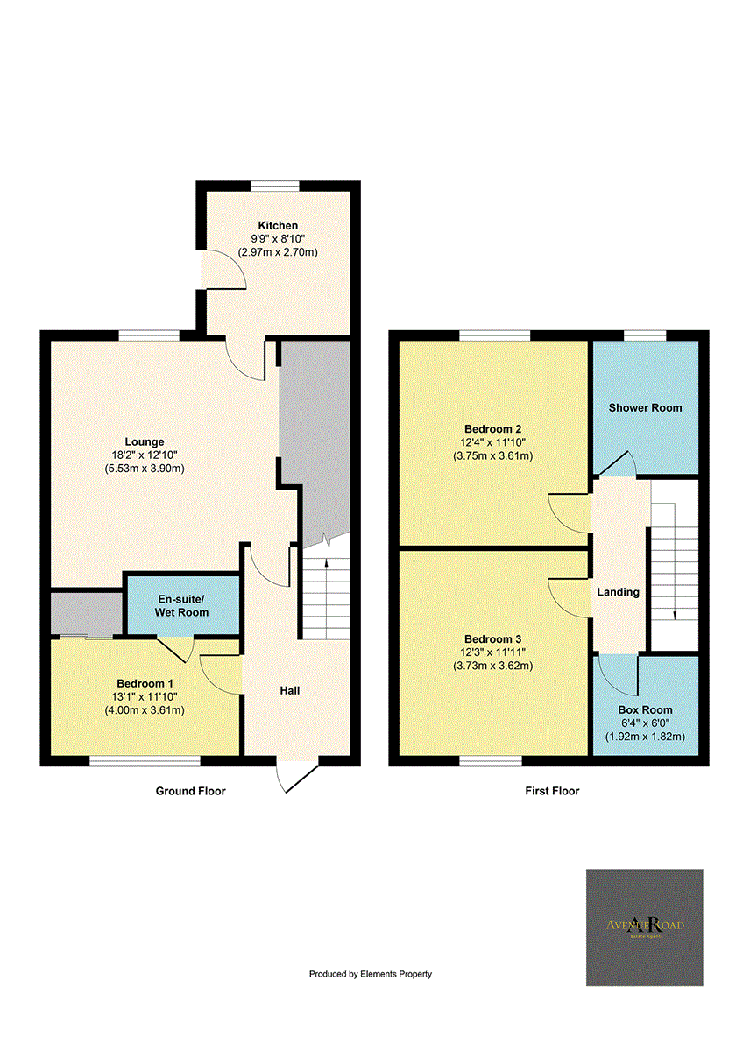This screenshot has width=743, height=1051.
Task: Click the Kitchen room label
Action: [x=278, y=226]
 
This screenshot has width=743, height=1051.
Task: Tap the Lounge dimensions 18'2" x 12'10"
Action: [x=143, y=455]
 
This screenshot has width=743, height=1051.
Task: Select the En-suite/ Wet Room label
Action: [x=182, y=605]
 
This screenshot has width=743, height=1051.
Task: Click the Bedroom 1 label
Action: [x=145, y=683]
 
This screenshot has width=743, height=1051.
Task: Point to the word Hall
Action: [x=290, y=691]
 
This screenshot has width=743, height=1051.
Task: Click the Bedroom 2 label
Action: [x=493, y=429]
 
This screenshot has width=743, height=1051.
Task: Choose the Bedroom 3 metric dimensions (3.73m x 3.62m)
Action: [x=493, y=666]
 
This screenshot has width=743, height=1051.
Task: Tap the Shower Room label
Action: [x=645, y=408]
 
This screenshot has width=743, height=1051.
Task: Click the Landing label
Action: [x=618, y=592]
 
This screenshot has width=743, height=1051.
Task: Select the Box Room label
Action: [x=645, y=710]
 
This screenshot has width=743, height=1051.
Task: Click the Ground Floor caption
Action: [x=190, y=791]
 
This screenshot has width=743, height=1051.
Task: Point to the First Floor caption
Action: [x=552, y=791]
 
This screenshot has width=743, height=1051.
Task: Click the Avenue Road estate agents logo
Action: [x=644, y=928]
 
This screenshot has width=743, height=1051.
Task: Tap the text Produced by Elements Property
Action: [x=371, y=974]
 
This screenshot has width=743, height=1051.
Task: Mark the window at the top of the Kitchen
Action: [x=274, y=185]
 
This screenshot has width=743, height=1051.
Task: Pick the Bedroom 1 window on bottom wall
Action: [x=145, y=761]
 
